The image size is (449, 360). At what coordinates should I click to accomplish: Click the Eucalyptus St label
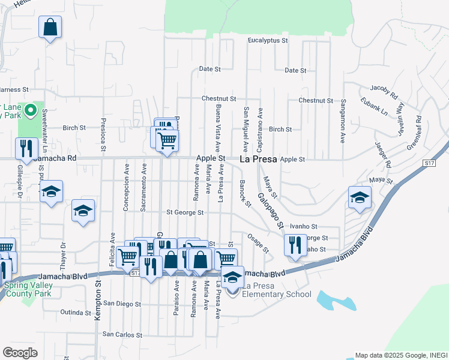point(268,41)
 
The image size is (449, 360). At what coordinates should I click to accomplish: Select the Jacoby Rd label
point(385,91)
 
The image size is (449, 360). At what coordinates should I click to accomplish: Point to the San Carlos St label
point(124,334)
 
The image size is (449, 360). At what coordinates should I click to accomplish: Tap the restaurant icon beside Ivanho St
point(294,245)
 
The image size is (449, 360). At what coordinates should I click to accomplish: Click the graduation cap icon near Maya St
point(360,197)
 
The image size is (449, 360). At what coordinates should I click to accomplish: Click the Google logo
point(20,352)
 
